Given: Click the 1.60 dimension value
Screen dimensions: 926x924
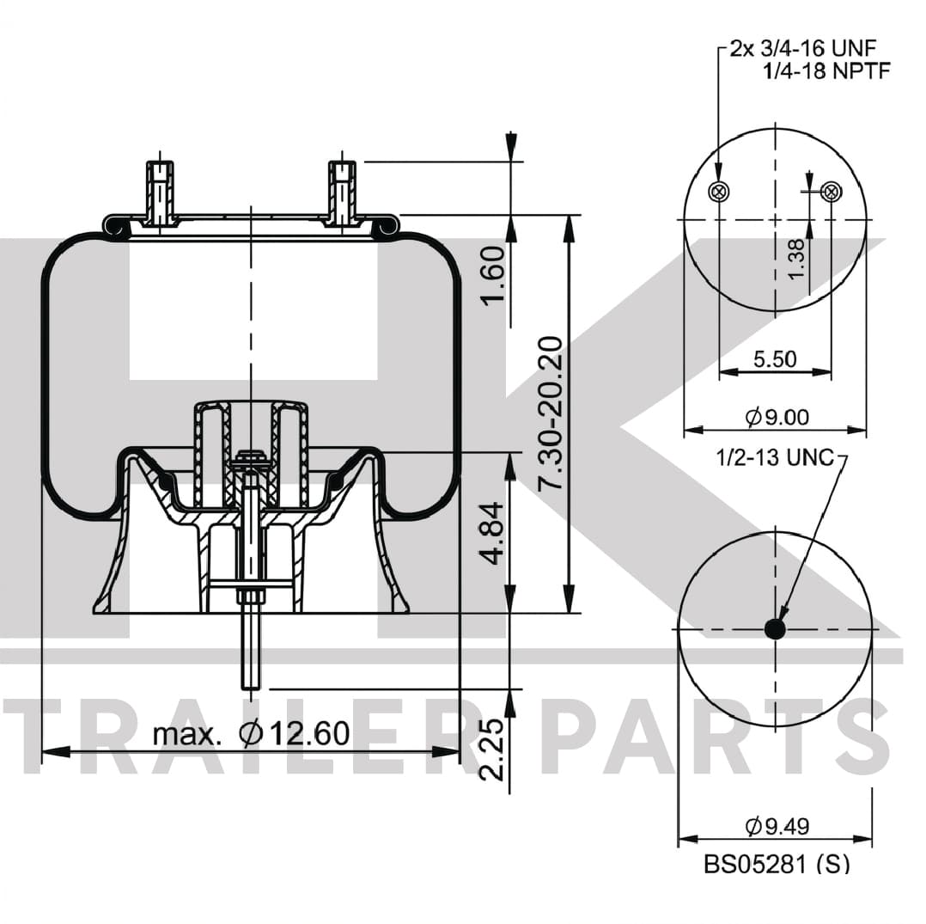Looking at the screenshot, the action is tap(493, 274).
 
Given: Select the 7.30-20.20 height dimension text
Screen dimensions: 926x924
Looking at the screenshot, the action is tap(550, 413).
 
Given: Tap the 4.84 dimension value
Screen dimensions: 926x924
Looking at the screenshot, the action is tap(492, 533).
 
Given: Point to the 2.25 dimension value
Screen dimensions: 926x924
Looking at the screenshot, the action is tap(490, 750).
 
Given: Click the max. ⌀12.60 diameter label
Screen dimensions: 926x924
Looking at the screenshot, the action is tap(251, 733).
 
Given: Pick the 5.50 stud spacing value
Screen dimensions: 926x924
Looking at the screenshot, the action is tap(775, 358).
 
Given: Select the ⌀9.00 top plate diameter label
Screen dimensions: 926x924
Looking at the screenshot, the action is tap(777, 418).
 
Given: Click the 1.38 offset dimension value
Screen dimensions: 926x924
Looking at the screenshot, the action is tap(795, 259).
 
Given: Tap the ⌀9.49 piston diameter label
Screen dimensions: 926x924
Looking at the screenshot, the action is tap(777, 826).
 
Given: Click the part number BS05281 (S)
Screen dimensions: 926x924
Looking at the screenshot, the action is tap(776, 865).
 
